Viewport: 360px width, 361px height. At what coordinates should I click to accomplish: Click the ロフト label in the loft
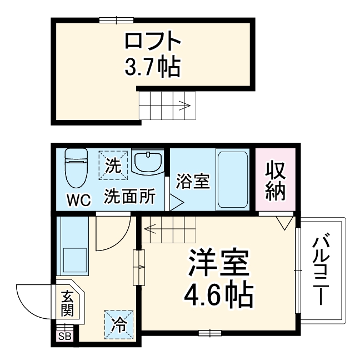point(152,42)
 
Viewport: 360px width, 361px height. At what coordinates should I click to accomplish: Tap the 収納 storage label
point(275,180)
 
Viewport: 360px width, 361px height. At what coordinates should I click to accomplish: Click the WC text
point(78,199)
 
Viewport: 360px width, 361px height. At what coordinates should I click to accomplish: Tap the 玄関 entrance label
point(67,303)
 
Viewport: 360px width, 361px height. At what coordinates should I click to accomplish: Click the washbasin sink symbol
point(148,162)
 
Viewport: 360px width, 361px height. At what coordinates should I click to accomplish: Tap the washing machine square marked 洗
point(113,165)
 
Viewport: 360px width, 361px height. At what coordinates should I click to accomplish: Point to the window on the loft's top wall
point(117,21)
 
